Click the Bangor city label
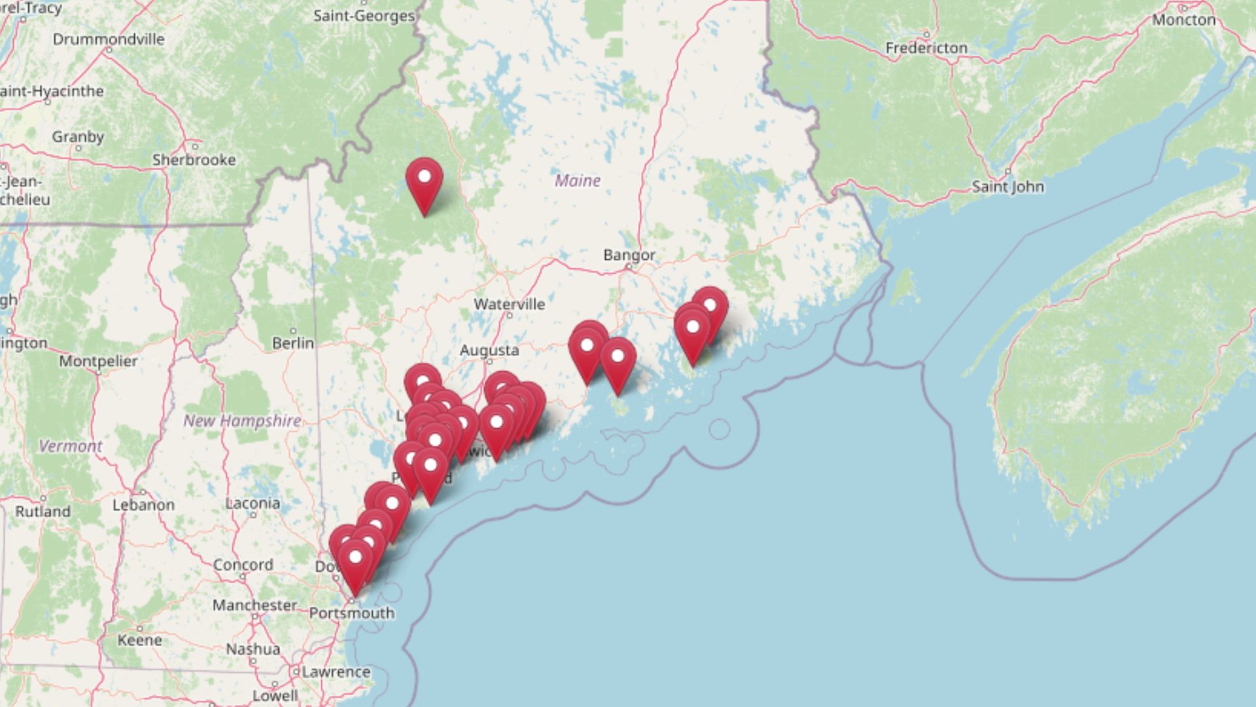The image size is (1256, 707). (x=629, y=255)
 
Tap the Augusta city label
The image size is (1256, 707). (x=489, y=350)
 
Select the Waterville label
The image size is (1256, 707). (x=509, y=304)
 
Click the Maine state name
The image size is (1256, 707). (x=577, y=180)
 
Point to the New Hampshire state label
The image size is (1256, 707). (x=242, y=420)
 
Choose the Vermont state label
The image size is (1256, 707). (x=70, y=446)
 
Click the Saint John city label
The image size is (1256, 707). (x=1007, y=187)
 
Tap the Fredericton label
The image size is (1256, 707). (x=926, y=48)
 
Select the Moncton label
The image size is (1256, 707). (x=1183, y=20)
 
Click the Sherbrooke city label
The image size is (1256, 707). (x=194, y=160)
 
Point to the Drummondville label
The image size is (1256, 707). (x=109, y=39)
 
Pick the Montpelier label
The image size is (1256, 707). (x=98, y=361)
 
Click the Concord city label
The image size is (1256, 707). (x=243, y=564)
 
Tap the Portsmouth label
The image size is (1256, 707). (x=351, y=613)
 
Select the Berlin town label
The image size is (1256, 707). (x=293, y=342)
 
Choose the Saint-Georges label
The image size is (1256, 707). (x=364, y=15)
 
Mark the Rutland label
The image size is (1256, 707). (x=43, y=511)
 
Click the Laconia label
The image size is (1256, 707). (x=253, y=503)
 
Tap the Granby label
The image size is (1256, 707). (x=78, y=137)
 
